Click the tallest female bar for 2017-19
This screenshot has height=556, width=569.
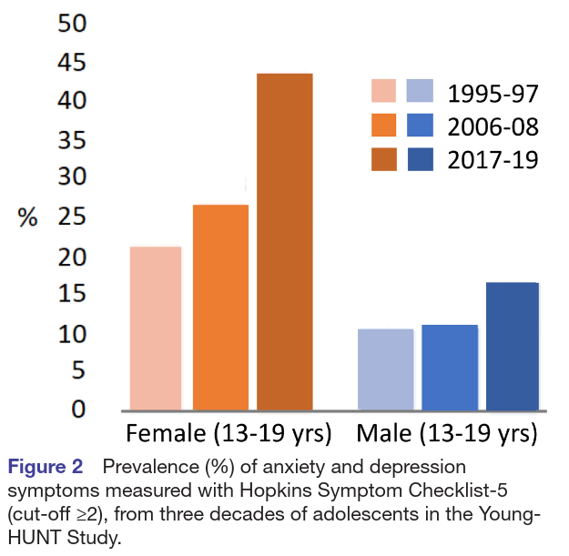(x=284, y=241)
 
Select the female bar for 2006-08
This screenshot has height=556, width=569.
(x=220, y=307)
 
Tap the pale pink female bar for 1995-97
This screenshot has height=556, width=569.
(x=156, y=328)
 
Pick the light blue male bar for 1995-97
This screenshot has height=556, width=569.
(x=385, y=369)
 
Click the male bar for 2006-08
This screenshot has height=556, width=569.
(x=449, y=367)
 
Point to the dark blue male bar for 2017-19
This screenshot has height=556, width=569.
(x=512, y=346)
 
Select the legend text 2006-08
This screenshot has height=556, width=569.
(x=493, y=126)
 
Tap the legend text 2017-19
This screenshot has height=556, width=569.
(x=493, y=159)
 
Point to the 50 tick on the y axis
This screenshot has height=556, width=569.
(x=72, y=24)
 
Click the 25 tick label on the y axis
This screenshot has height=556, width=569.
(x=72, y=217)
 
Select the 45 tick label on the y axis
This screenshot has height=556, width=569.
(x=72, y=63)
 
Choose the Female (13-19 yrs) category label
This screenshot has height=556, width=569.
(x=229, y=431)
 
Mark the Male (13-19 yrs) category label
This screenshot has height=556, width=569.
(x=446, y=431)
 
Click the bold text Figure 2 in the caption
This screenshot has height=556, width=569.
(x=46, y=468)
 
